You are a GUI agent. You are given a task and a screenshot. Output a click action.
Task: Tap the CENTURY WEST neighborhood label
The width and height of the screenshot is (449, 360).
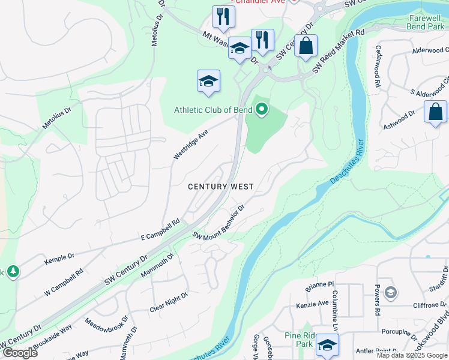pyautogui.click(x=221, y=187)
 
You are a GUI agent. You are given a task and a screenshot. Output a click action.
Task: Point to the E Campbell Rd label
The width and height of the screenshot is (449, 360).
pyautogui.click(x=160, y=229)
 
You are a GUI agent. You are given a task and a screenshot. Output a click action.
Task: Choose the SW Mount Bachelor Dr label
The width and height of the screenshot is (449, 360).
pyautogui.click(x=218, y=223)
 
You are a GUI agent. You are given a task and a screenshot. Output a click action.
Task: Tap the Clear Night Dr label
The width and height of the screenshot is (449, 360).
pyautogui.click(x=169, y=302)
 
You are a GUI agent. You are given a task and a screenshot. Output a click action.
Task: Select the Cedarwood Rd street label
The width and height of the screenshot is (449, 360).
pyautogui.click(x=378, y=60)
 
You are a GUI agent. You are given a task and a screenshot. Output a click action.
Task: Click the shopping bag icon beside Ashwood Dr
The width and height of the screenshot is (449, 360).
pyautogui.click(x=435, y=112)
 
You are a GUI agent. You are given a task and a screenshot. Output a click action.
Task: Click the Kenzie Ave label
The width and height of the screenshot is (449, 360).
pyautogui.click(x=312, y=304)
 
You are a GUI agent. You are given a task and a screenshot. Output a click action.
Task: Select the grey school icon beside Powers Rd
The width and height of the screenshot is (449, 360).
pyautogui.click(x=390, y=293)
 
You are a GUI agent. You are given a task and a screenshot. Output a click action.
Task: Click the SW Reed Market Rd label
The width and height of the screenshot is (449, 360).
pyautogui.click(x=338, y=52)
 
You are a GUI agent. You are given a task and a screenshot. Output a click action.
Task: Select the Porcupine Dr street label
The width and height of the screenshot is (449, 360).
pyautogui.click(x=399, y=333)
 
